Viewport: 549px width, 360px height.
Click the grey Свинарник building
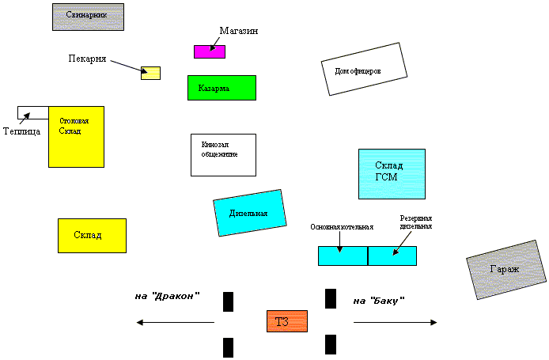pyautogui.click(x=89, y=17)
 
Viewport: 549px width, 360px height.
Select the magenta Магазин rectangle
pyautogui.click(x=210, y=51)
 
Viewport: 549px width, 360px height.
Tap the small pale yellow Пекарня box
pyautogui.click(x=150, y=73)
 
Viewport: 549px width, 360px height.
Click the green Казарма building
pyautogui.click(x=221, y=87)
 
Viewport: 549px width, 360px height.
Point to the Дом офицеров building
pyautogui.click(x=364, y=70)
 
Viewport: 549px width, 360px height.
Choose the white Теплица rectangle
pyautogui.click(x=33, y=112)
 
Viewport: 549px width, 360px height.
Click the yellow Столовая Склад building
pyautogui.click(x=76, y=136)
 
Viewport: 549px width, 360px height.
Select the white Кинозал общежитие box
pyautogui.click(x=223, y=154)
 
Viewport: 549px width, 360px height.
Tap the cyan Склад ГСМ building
pyautogui.click(x=392, y=173)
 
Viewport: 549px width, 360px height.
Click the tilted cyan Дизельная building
pyautogui.click(x=249, y=213)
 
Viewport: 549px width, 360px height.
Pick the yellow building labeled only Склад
pyautogui.click(x=92, y=235)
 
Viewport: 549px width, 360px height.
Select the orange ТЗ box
pyautogui.click(x=286, y=321)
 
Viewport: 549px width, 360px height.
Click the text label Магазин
pyautogui.click(x=239, y=30)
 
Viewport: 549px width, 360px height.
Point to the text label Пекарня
pyautogui.click(x=87, y=59)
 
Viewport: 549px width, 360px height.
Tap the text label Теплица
pyautogui.click(x=21, y=131)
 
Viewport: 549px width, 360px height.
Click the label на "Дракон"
pyautogui.click(x=167, y=296)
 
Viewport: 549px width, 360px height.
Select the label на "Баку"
pyautogui.click(x=379, y=301)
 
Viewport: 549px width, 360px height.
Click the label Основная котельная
pyautogui.click(x=342, y=226)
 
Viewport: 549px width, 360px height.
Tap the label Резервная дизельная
pyautogui.click(x=416, y=222)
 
